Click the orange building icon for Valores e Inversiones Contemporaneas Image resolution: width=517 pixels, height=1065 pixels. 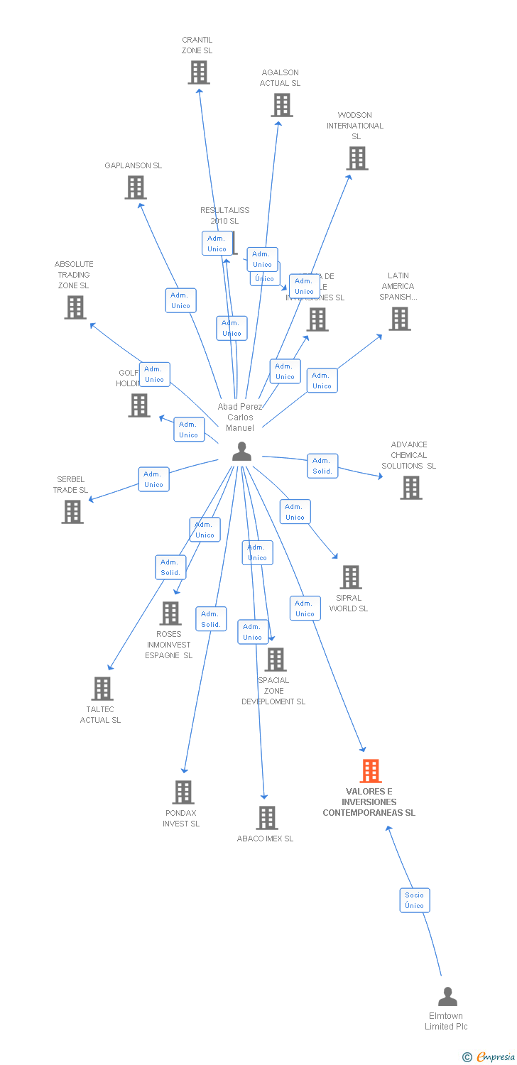coord(370,770)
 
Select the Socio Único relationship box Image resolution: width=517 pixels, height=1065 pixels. coord(415,900)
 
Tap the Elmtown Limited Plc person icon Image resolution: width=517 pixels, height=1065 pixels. coord(447,997)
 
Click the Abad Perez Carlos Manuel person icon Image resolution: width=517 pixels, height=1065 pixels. coord(241,452)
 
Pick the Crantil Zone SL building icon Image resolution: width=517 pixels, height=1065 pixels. coord(198,72)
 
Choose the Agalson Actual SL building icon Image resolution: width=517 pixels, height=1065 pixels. coord(282,105)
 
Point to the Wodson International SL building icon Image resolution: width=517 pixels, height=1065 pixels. coord(357,158)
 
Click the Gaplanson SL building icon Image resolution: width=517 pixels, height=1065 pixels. coord(135,187)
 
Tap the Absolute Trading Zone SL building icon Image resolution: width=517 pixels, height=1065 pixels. coord(75,307)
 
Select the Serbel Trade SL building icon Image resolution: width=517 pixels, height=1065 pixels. coord(72,511)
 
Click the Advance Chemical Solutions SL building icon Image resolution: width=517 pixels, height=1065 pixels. coord(410,488)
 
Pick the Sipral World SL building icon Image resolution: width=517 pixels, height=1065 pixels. coord(350,577)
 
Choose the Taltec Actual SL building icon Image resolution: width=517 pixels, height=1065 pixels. coord(102,689)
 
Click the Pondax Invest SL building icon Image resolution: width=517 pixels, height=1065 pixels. coord(183,792)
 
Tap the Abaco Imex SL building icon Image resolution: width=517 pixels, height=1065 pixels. coord(267,818)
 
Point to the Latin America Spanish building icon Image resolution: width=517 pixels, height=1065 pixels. coord(400,319)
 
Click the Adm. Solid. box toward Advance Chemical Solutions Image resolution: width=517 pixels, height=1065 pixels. coord(322,466)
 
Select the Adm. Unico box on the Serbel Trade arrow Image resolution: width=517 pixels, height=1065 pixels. coord(153,479)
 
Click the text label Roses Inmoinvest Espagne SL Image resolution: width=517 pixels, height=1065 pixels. coord(169,645)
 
